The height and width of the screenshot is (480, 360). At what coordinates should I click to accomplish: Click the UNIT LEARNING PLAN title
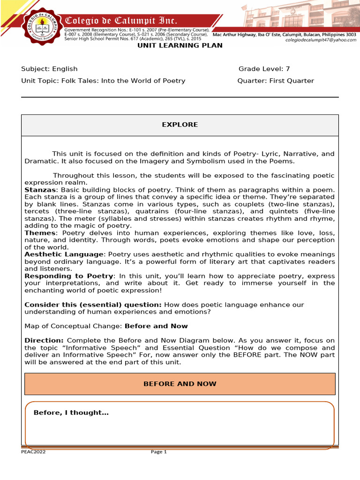pos(180,45)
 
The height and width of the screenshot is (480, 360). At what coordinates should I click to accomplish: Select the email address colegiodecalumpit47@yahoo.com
pos(321,40)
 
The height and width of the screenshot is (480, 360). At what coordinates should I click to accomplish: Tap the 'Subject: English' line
pos(49,69)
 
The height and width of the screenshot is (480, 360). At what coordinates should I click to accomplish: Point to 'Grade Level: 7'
pos(264,69)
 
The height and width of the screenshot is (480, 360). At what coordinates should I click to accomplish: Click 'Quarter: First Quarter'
pos(276,81)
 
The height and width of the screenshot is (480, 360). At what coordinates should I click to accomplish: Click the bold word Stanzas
pos(40,189)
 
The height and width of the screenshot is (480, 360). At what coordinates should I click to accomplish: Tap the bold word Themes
pos(40,233)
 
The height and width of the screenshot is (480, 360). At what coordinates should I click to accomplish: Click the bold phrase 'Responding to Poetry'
pos(68,276)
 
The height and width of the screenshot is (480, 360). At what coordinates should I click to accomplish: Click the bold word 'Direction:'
pos(44,340)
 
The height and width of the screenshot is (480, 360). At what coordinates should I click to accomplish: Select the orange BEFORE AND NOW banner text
pos(180,384)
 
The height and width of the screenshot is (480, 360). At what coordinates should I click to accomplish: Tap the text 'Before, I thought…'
pos(71,412)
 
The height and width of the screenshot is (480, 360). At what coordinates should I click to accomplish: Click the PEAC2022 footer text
pos(33,452)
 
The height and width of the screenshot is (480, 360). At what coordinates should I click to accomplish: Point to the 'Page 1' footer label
pos(158,452)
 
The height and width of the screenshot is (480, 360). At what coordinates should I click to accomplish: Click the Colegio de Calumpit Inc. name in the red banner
pos(121,21)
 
